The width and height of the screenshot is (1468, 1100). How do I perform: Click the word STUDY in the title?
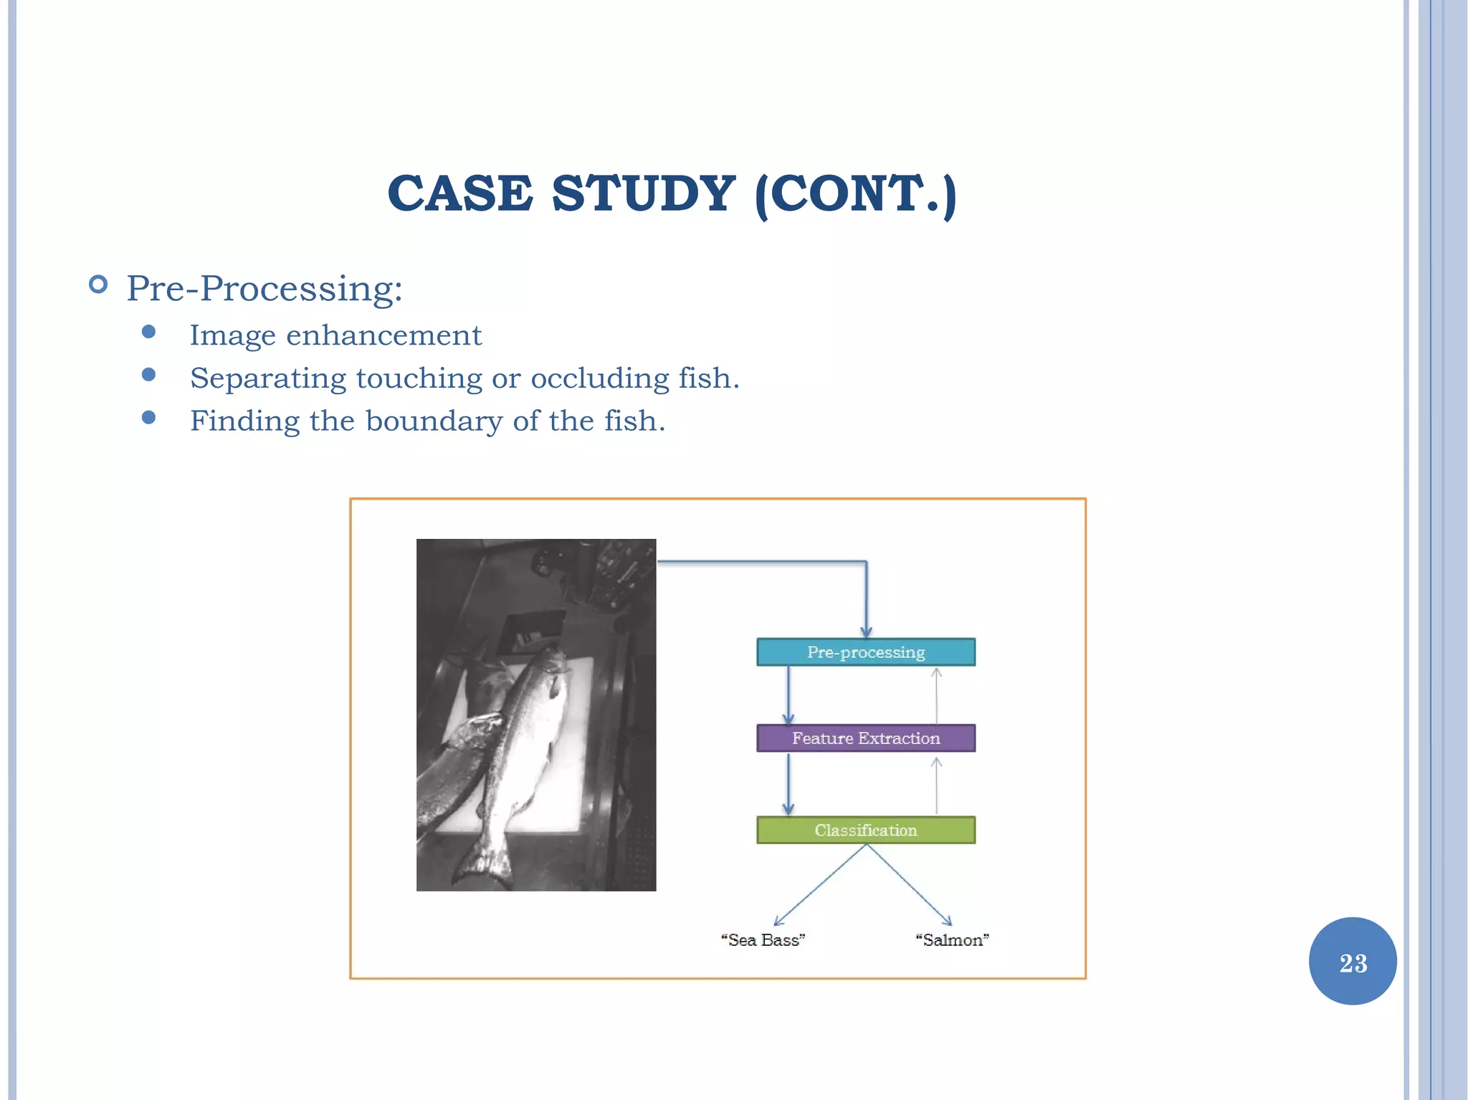tap(643, 193)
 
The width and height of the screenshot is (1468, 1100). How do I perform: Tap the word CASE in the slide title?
tap(459, 193)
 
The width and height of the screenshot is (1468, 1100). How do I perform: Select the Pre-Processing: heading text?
tap(264, 289)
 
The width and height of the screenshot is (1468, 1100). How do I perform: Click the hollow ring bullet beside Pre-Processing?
tap(98, 285)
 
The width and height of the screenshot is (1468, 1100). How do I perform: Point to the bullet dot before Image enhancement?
tap(149, 332)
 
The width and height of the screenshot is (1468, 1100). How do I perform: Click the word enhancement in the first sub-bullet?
tap(383, 335)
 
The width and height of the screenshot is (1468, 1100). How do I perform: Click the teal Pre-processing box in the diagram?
tap(865, 652)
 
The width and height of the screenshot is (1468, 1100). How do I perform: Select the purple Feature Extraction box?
tap(865, 738)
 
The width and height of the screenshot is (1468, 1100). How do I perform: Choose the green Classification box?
tap(865, 830)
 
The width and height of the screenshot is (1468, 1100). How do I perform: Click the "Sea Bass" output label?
tap(763, 939)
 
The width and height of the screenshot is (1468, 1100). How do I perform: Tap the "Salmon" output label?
tap(952, 939)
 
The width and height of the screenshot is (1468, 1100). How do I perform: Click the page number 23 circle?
tap(1353, 962)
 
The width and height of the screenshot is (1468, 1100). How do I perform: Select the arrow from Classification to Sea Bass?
tap(821, 885)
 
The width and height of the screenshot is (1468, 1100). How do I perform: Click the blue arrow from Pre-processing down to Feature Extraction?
tap(788, 695)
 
